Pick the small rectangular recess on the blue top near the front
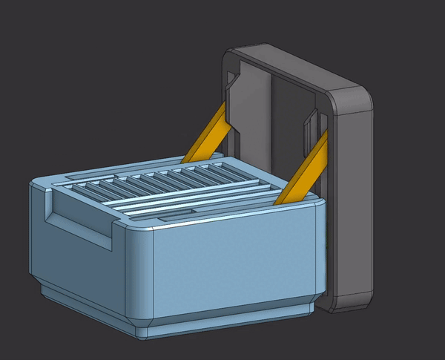pos(176,214)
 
